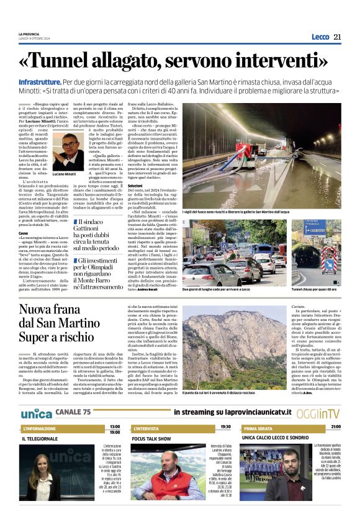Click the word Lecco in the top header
point(320,37)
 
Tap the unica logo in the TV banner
point(35,413)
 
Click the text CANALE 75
point(73,412)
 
